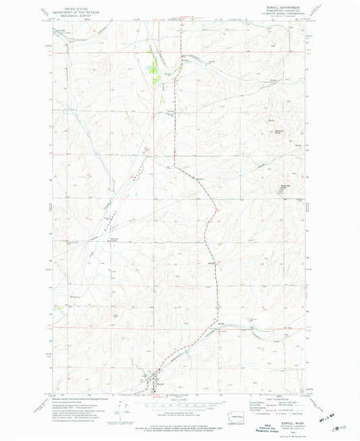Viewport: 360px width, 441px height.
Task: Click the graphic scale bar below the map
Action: click(179, 403)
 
